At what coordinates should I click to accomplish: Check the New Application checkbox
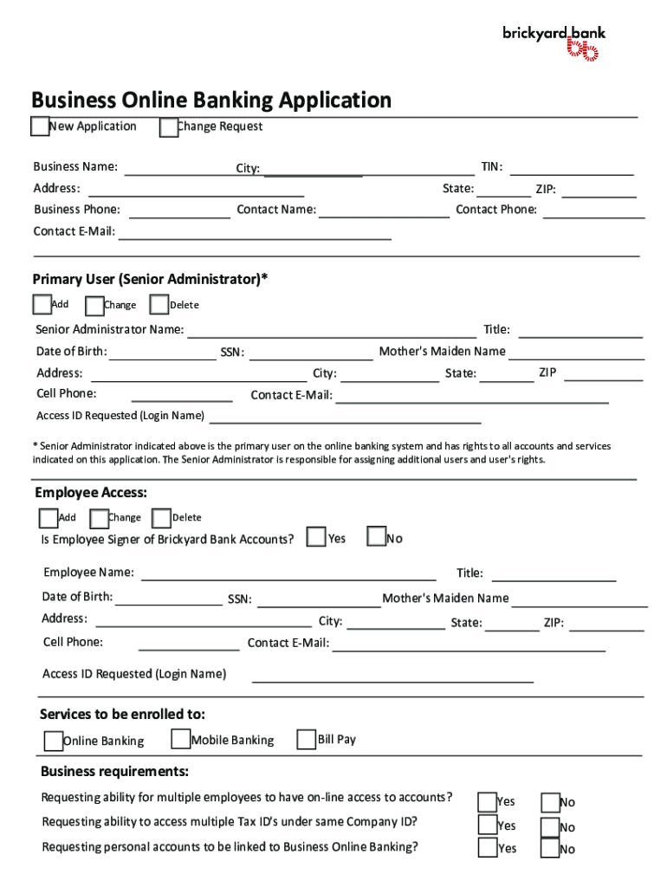[x=40, y=126]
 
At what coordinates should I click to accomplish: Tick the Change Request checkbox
[x=169, y=127]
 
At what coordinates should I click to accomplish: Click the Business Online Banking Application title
[x=211, y=100]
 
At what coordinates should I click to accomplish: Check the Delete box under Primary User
[x=159, y=305]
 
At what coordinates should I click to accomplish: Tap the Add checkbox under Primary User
[x=42, y=304]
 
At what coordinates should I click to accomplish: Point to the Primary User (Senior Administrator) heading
[x=150, y=279]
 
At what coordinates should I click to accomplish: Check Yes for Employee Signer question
[x=317, y=538]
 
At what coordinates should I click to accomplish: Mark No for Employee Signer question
[x=376, y=538]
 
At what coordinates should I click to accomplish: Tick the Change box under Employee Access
[x=99, y=518]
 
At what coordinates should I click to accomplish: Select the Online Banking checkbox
[x=54, y=741]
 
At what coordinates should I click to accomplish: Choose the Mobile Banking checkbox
[x=181, y=739]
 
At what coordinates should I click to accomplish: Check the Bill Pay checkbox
[x=306, y=739]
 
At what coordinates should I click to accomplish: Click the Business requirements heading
[x=114, y=772]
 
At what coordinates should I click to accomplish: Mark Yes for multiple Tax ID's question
[x=488, y=825]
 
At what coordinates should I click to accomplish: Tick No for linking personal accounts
[x=549, y=849]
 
